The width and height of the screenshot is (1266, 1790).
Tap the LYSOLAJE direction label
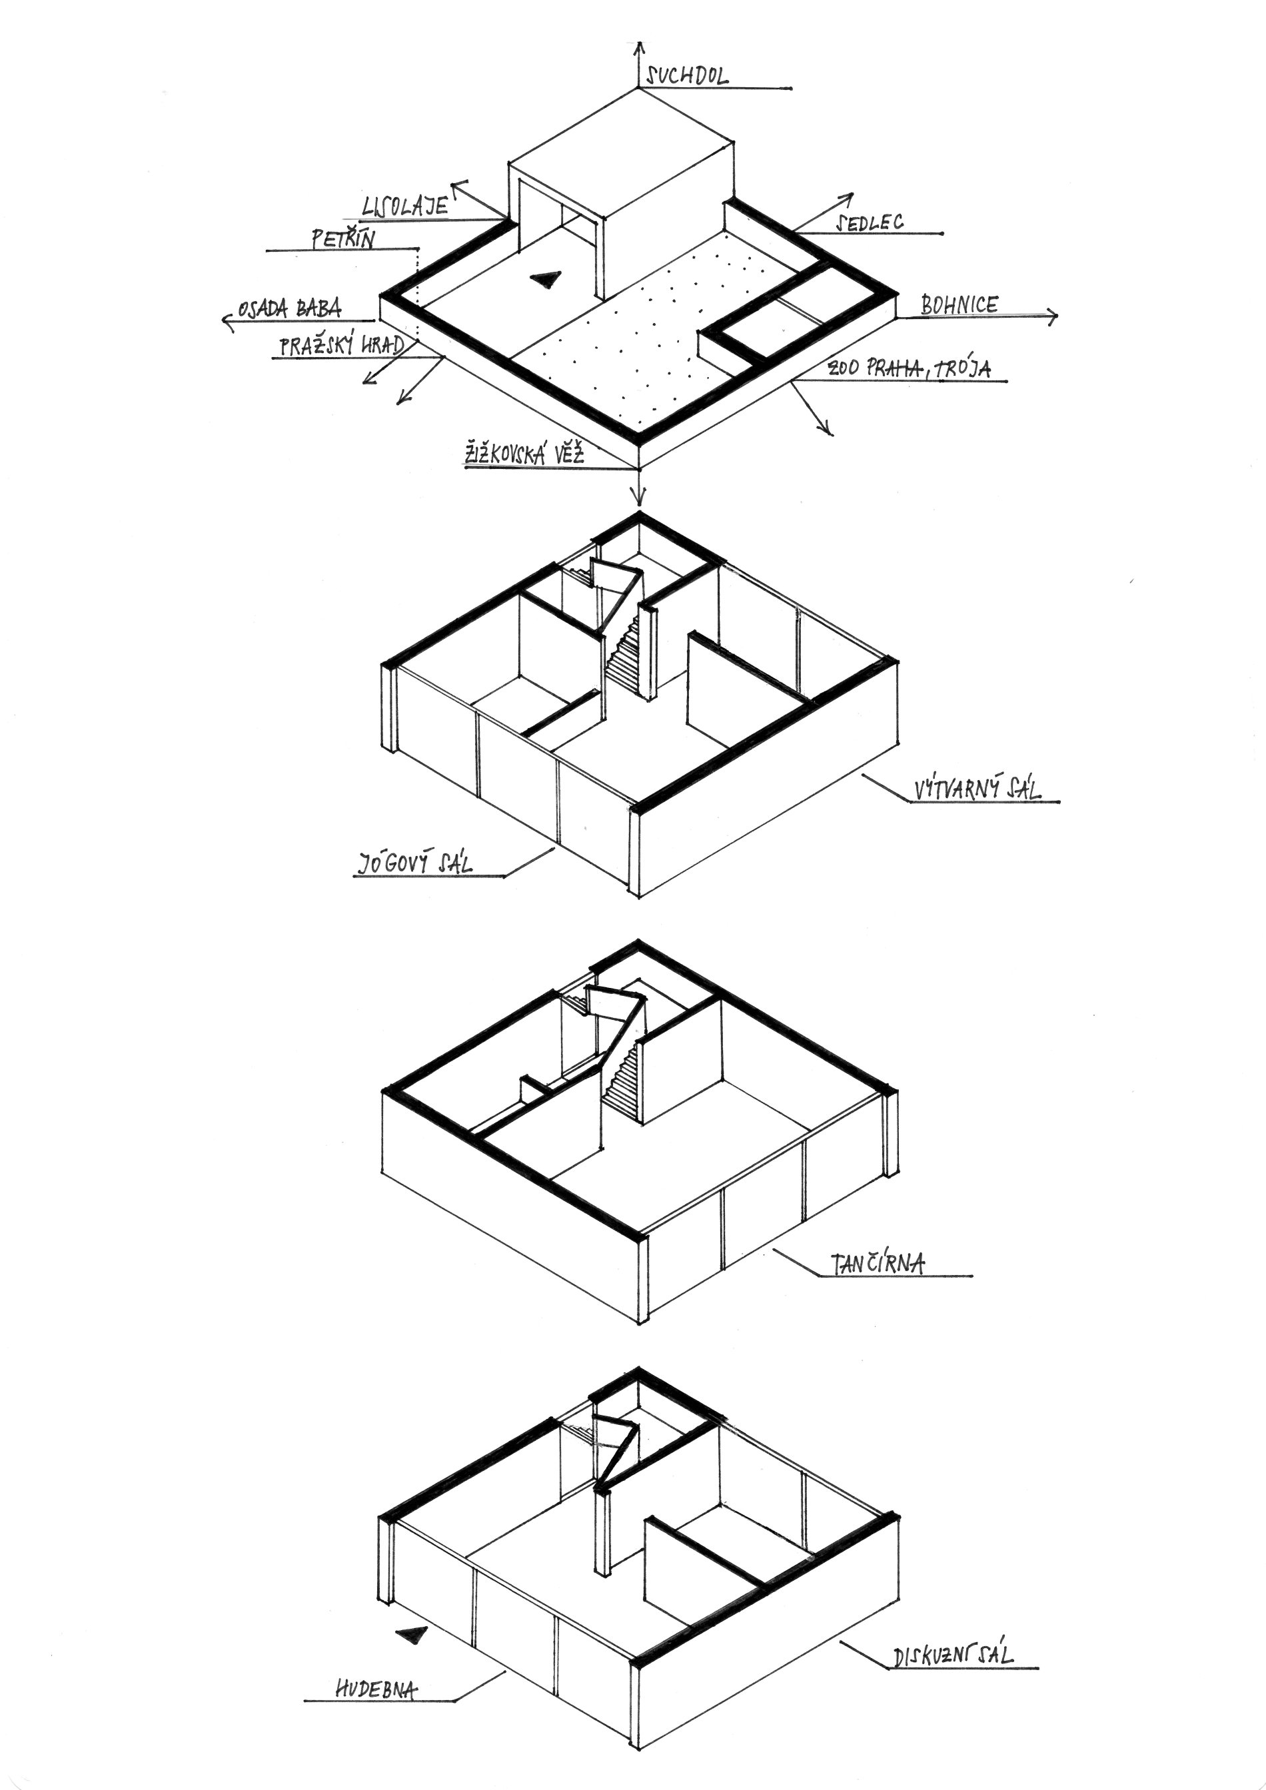pyautogui.click(x=405, y=206)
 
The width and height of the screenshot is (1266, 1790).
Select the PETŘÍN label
pyautogui.click(x=343, y=238)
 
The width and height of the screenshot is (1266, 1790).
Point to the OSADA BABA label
pyautogui.click(x=290, y=308)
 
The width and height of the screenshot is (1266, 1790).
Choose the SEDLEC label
pyautogui.click(x=870, y=223)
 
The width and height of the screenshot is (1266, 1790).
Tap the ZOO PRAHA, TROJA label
pyautogui.click(x=909, y=367)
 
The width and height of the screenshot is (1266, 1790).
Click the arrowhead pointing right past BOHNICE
pyautogui.click(x=1052, y=316)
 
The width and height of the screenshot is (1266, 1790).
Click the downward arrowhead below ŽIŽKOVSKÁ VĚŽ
pyautogui.click(x=639, y=496)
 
